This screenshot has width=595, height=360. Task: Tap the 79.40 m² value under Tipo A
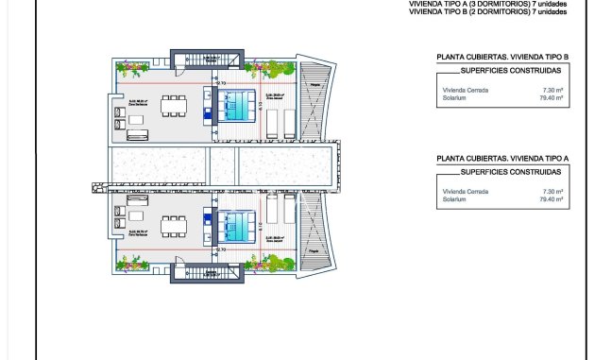coord(551,199)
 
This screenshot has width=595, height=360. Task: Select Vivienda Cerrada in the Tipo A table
coord(463,192)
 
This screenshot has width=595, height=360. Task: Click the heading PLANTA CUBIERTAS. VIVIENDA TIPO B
coord(501,57)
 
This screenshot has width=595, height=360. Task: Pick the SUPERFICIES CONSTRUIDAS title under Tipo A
coord(510,173)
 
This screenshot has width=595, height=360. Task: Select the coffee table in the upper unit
coord(138,119)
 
